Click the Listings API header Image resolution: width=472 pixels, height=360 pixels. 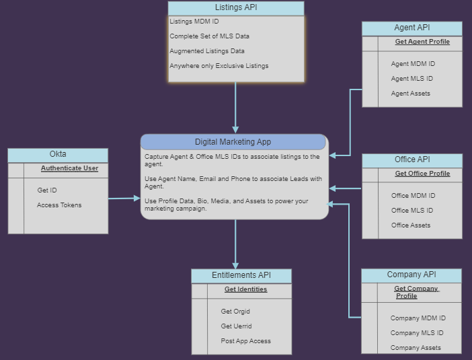tap(236, 8)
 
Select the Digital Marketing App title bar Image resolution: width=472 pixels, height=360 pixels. tap(233, 142)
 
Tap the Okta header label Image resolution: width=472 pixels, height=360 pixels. tap(58, 154)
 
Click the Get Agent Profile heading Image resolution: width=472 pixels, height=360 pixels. tap(422, 42)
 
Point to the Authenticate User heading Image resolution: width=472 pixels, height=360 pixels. tap(69, 168)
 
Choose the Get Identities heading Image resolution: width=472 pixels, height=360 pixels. tap(245, 289)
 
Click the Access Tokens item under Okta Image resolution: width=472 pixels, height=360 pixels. tap(59, 205)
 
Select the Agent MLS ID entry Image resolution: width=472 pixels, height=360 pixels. tap(411, 79)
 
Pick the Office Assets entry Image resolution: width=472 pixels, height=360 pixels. tap(411, 225)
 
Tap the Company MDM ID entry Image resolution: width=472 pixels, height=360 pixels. tap(418, 318)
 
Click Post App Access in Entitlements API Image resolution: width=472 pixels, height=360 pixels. tap(245, 341)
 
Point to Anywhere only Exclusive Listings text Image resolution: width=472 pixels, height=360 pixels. tap(219, 66)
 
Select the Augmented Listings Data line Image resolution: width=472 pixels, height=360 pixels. tap(207, 51)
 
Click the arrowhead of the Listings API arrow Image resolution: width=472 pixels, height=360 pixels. tap(235, 130)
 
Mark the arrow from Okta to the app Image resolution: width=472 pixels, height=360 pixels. tap(124, 199)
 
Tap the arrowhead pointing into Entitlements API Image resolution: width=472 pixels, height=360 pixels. tap(235, 266)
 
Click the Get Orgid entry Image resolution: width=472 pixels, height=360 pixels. tap(235, 312)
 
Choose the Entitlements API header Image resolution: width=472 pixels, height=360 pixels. tap(241, 276)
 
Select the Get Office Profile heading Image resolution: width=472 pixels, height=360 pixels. tap(422, 174)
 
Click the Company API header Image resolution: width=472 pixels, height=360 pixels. tap(411, 275)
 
